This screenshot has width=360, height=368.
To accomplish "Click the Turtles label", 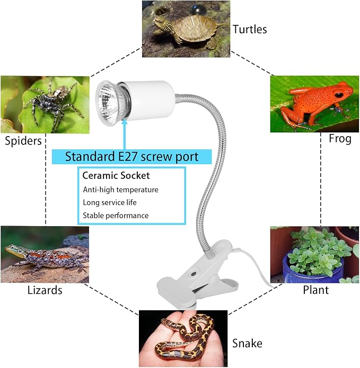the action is pyautogui.click(x=250, y=29).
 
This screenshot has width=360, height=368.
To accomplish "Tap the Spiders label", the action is pyautogui.click(x=23, y=141).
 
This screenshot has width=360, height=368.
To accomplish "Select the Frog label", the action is pyautogui.click(x=340, y=139).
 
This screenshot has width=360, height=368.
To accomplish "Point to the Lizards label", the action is pyautogui.click(x=45, y=290).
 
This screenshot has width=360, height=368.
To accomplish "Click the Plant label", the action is pyautogui.click(x=315, y=290).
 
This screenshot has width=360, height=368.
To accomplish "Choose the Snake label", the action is pyautogui.click(x=247, y=343).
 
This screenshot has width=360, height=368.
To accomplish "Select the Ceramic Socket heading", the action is pyautogui.click(x=116, y=176).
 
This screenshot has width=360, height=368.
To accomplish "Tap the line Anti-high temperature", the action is pyautogui.click(x=120, y=190).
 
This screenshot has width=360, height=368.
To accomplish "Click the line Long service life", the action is pyautogui.click(x=110, y=202).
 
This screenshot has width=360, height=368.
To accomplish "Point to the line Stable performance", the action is pyautogui.click(x=116, y=216).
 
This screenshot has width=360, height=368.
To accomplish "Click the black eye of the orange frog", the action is pyautogui.click(x=339, y=95).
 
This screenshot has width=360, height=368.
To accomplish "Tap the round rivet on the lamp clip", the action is pyautogui.click(x=194, y=274).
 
